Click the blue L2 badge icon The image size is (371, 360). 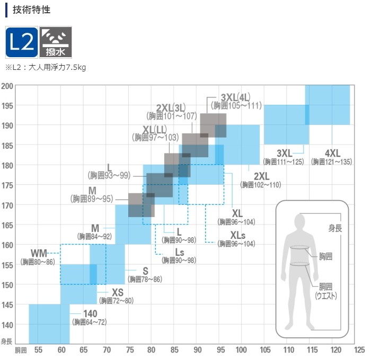click(22, 42)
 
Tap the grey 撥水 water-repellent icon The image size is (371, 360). click(56, 42)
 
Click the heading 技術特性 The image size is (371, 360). click(31, 10)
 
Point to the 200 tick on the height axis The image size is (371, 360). click(7, 86)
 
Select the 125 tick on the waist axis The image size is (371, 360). click(359, 350)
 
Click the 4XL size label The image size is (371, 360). click(333, 154)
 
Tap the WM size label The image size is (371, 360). click(39, 254)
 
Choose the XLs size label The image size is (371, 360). click(238, 236)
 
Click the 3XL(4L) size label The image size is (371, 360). click(235, 97)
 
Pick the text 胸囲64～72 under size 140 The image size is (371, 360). click(90, 322)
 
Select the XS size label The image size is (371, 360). click(118, 293)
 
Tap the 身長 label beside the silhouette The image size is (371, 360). click(335, 228)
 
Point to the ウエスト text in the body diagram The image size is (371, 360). click(326, 296)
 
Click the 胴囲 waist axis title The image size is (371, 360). click(21, 350)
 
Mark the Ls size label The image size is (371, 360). click(180, 253)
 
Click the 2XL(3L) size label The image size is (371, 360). click(171, 108)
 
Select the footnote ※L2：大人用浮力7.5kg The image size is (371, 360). click(46, 68)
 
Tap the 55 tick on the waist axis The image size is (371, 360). click(38, 350)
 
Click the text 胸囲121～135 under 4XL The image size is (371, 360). click(332, 162)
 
